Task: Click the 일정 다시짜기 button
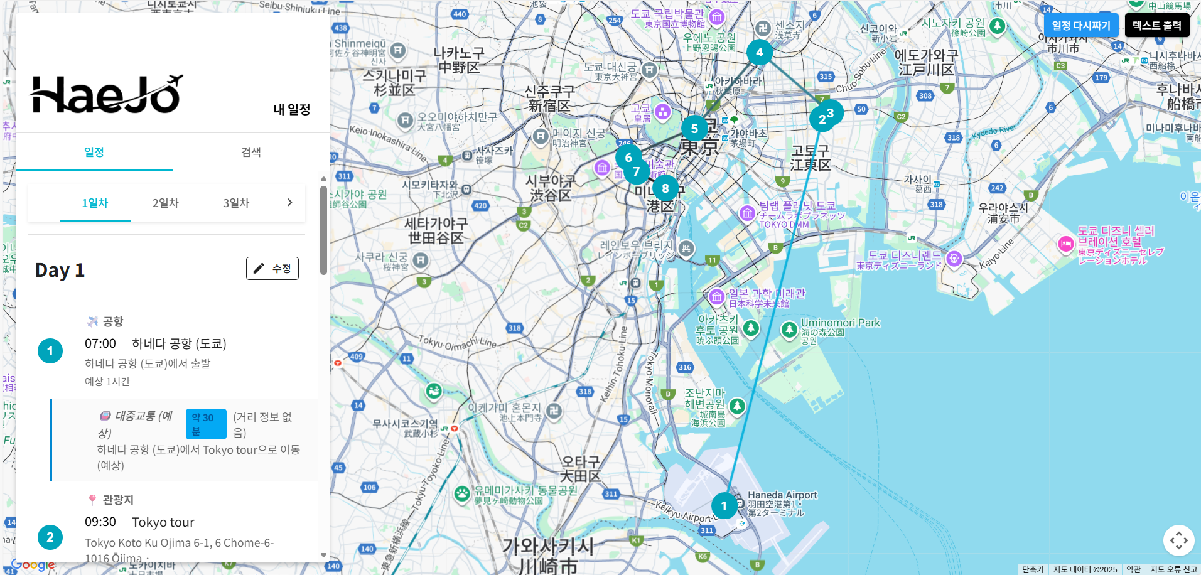[1080, 26]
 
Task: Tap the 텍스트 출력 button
[1156, 26]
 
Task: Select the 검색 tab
[250, 152]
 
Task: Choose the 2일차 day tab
[165, 203]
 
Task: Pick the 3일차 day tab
[236, 203]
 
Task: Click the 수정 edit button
[272, 269]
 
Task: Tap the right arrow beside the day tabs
[289, 202]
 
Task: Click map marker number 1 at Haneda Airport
[724, 506]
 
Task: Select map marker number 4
[760, 52]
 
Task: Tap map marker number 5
[694, 129]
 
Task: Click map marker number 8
[665, 188]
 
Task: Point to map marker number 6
[628, 157]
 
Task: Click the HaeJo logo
[106, 95]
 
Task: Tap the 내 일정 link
[291, 109]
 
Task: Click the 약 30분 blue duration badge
[205, 424]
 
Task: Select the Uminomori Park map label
[840, 323]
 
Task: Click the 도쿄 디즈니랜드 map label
[904, 255]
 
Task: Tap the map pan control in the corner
[1178, 540]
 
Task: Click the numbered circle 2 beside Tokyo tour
[50, 537]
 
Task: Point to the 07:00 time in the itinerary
[100, 343]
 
